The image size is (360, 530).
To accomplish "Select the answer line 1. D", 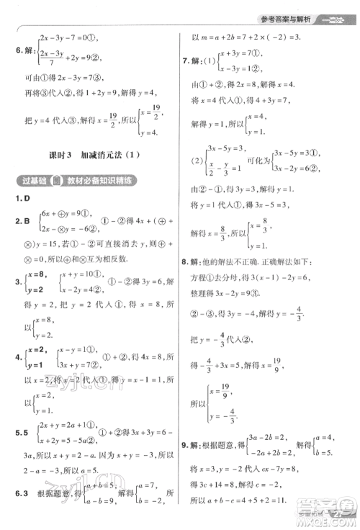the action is coord(17,197).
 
